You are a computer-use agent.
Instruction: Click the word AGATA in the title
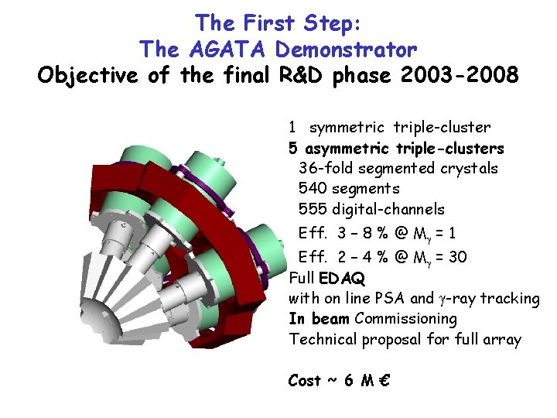point(219,50)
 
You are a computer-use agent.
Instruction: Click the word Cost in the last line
point(304,380)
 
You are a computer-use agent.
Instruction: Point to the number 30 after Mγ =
point(457,256)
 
